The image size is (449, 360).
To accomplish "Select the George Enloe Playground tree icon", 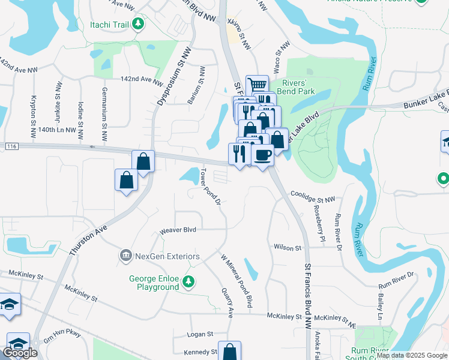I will [x=188, y=281].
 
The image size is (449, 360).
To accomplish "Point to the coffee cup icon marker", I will [x=262, y=156].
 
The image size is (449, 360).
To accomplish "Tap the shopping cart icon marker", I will [x=257, y=85].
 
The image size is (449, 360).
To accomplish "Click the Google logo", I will [x=20, y=353].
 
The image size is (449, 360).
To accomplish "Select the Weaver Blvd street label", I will [x=178, y=230].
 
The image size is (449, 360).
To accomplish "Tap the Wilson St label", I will [x=287, y=247].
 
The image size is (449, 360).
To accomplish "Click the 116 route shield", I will [x=10, y=146].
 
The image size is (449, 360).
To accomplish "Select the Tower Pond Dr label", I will [x=211, y=185].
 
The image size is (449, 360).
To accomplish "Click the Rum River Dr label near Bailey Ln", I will [x=396, y=277].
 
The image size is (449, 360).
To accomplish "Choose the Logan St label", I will [x=201, y=334].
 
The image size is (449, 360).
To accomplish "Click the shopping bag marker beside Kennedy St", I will [x=229, y=351].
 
